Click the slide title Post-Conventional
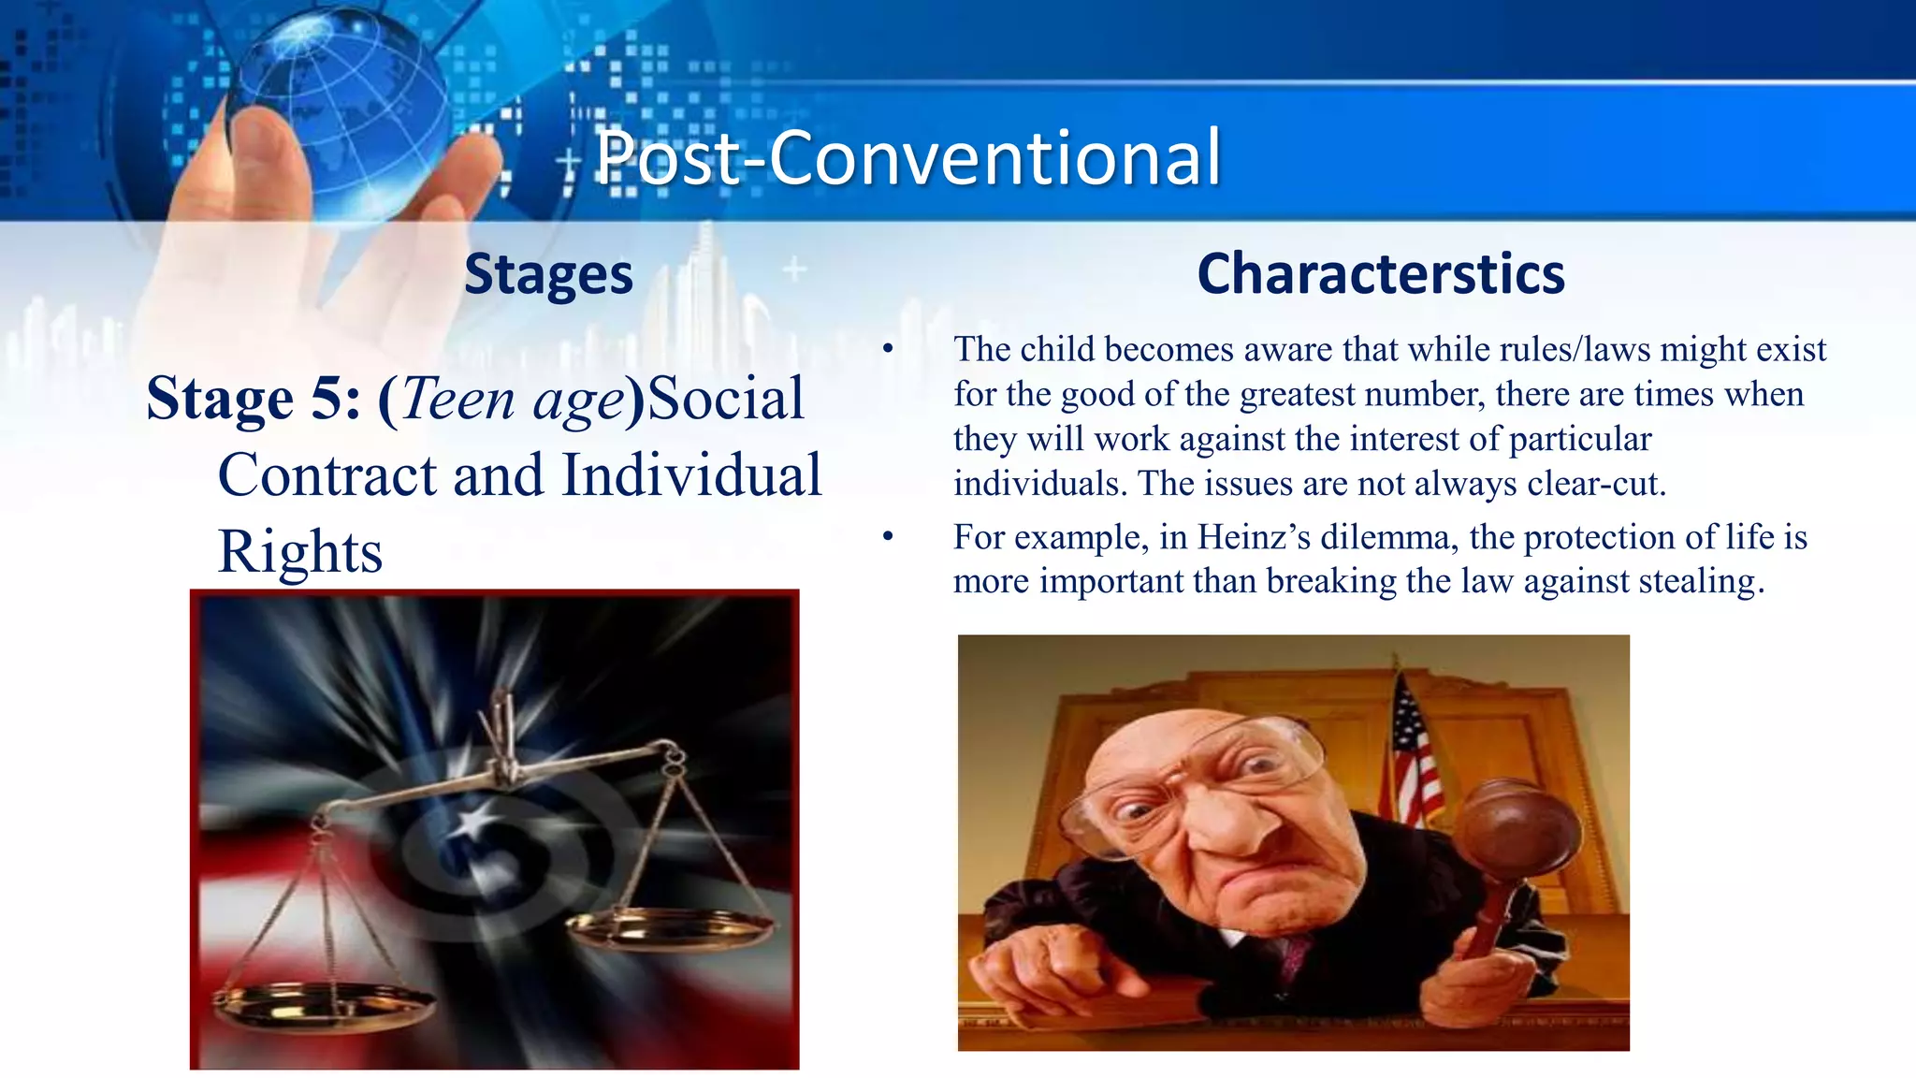(x=907, y=157)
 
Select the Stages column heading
(x=548, y=275)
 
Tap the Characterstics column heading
(x=1381, y=274)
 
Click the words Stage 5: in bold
(x=254, y=399)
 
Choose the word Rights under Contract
(x=300, y=552)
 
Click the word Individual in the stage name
(x=691, y=475)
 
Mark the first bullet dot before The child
(x=888, y=350)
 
